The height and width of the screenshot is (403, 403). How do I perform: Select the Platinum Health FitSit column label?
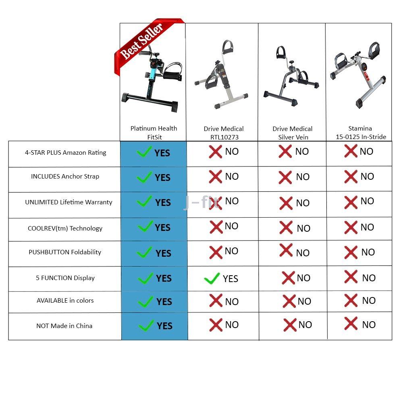154,133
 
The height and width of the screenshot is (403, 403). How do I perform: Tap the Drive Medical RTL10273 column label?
224,133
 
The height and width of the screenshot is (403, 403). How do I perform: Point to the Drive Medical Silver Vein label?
293,133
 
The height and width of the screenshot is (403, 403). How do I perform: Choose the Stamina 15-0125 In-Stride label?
361,132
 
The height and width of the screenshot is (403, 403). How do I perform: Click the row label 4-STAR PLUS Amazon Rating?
66,153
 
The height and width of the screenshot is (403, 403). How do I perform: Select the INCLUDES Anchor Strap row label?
65,177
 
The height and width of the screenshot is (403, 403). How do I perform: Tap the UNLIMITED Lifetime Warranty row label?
69,202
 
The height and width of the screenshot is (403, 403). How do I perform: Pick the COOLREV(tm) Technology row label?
65,229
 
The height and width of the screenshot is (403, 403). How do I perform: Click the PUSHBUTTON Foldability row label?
65,252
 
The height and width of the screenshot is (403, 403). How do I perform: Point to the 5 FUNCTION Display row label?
65,278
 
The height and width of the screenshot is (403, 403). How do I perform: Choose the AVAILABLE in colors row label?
65,301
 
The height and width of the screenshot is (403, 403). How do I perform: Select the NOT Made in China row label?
64,326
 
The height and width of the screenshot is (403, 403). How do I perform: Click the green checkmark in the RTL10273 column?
212,278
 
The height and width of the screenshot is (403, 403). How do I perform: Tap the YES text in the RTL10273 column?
230,279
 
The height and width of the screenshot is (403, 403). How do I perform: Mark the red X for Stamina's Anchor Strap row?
351,177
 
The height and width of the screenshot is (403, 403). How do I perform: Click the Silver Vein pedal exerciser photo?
291,76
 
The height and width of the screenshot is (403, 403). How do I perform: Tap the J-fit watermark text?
201,202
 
